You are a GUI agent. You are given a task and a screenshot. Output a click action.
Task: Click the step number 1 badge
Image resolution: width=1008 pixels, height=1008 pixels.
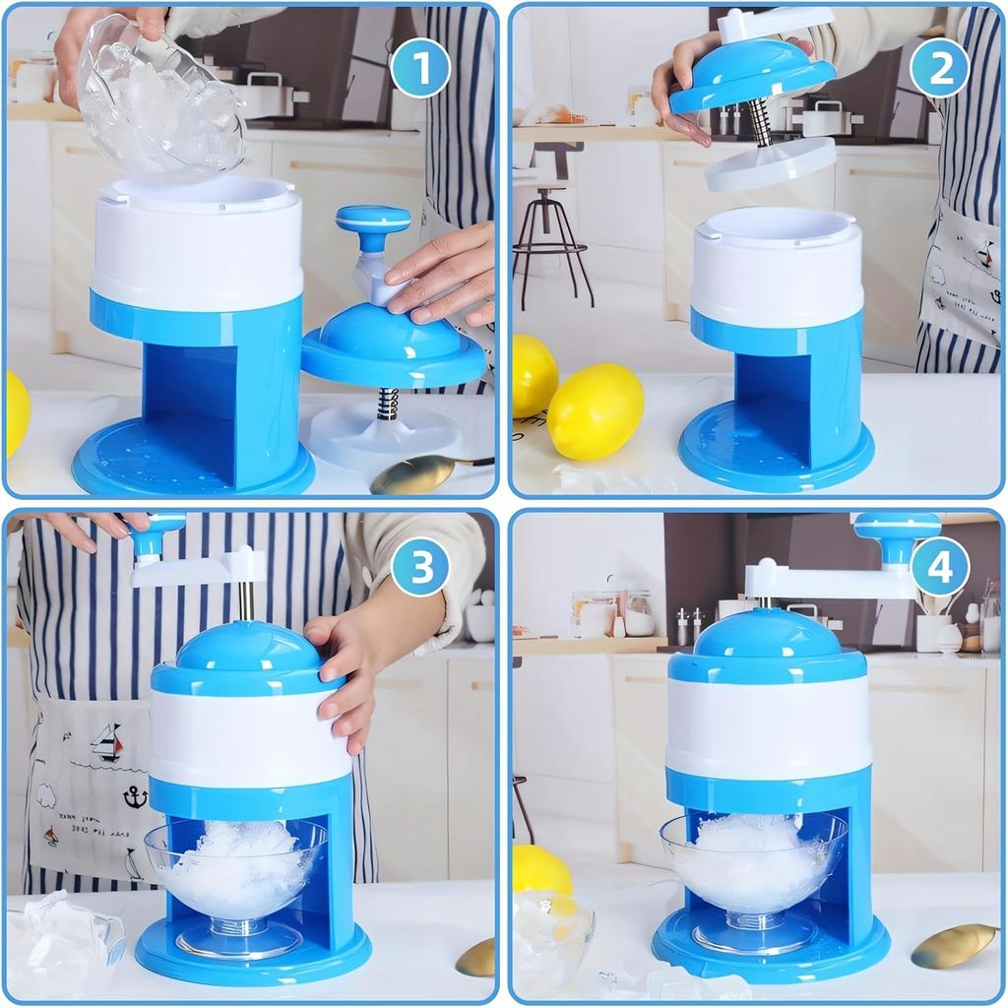point(420,68)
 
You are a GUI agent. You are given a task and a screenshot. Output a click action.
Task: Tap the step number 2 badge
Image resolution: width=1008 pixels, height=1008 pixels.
point(939,68)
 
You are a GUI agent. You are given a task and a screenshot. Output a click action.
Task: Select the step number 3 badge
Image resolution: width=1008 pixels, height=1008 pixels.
point(420,568)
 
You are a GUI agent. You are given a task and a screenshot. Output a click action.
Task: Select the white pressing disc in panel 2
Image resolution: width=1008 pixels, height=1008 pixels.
point(771,163)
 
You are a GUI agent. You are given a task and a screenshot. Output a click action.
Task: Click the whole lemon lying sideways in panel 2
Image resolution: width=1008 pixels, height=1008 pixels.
point(596,411)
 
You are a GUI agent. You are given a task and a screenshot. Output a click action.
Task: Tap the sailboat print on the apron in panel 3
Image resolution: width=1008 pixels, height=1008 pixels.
point(106,743)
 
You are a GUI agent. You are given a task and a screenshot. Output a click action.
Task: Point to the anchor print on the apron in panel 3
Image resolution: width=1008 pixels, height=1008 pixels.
point(134,794)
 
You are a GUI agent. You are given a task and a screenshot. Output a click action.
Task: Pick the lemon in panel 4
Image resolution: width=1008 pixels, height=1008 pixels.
point(542,870)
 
